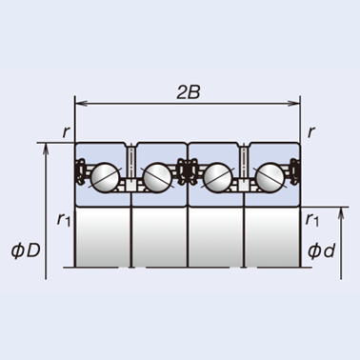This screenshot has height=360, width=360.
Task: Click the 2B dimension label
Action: [189, 92]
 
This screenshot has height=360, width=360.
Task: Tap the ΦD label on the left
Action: [26, 250]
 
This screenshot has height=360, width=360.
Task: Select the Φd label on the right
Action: [321, 250]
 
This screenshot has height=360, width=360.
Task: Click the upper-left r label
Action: [66, 132]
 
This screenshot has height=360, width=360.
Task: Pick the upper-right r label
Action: [311, 132]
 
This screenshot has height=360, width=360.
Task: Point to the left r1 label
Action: [64, 219]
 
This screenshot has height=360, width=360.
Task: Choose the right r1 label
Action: [311, 219]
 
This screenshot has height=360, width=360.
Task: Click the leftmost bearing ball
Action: [105, 177]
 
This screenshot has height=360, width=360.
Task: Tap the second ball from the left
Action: [157, 177]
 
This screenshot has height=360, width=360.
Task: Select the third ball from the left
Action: [217, 177]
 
